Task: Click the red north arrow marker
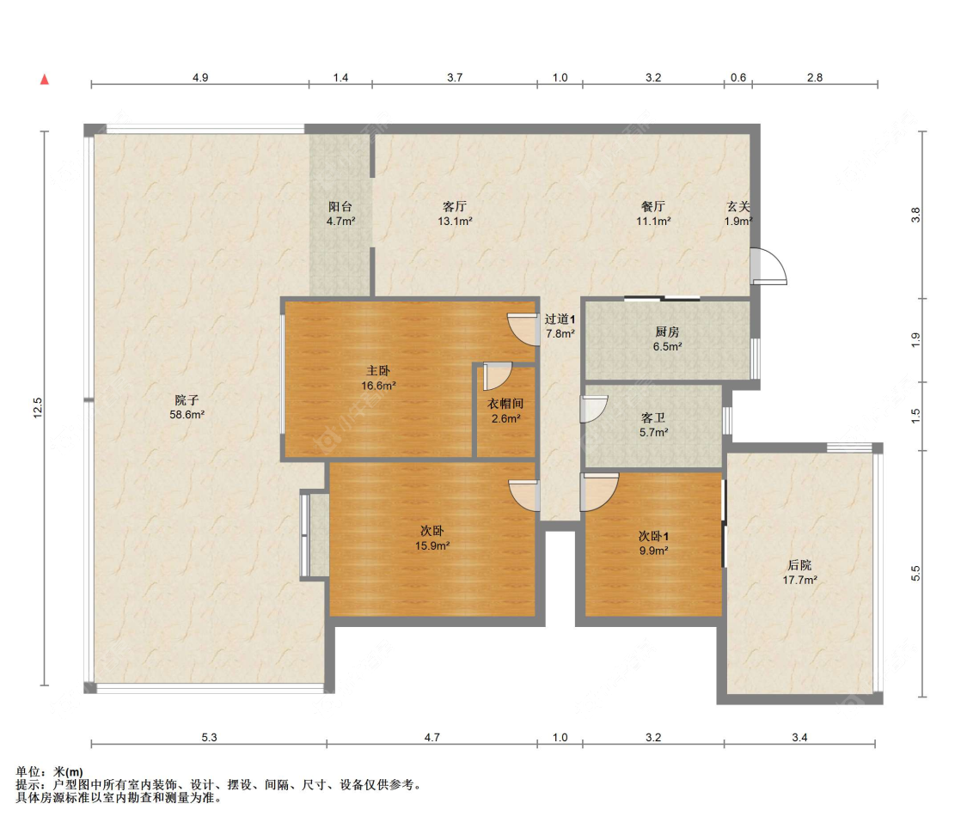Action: click(x=45, y=80)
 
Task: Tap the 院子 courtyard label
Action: click(x=187, y=400)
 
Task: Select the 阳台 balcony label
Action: click(x=340, y=207)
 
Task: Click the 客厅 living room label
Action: click(x=455, y=207)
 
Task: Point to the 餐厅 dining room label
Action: click(x=653, y=207)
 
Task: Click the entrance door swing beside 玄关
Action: click(x=769, y=266)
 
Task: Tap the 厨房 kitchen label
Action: click(x=667, y=332)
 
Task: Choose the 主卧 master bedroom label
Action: click(x=378, y=371)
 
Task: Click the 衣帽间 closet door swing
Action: click(x=498, y=376)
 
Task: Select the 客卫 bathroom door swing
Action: click(x=594, y=409)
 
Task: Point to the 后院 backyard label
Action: click(x=800, y=565)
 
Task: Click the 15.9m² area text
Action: click(x=432, y=545)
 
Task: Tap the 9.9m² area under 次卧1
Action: click(x=654, y=551)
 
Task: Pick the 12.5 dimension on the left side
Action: click(x=38, y=408)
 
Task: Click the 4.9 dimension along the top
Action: click(x=200, y=77)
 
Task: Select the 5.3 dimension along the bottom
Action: click(x=209, y=738)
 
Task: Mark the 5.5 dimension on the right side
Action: click(x=915, y=574)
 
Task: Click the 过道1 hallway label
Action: click(x=560, y=320)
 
